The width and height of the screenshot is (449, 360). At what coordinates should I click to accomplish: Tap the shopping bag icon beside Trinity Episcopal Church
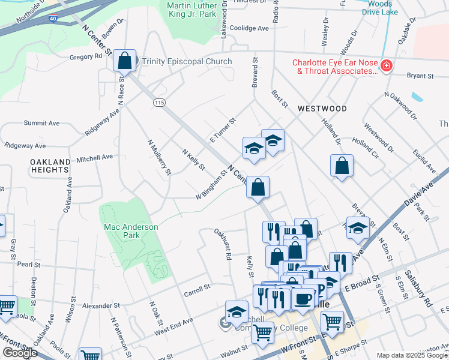click(x=124, y=60)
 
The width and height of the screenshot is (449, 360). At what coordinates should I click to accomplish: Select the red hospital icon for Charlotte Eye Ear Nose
click(x=386, y=66)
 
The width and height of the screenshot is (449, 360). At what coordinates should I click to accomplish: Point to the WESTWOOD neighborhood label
click(x=322, y=109)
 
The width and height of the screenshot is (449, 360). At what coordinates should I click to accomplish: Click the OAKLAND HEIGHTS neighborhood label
click(x=50, y=166)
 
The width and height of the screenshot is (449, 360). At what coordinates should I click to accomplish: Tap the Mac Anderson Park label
click(x=131, y=231)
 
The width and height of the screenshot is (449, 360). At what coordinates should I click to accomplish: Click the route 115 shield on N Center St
click(x=158, y=103)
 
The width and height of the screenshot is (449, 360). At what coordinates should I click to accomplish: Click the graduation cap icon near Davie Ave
click(x=358, y=228)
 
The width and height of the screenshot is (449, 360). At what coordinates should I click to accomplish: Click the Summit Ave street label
click(x=41, y=123)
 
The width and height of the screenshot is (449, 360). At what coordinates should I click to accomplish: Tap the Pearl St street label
click(x=28, y=264)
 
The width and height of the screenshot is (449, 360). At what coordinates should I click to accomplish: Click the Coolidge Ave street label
click(x=249, y=28)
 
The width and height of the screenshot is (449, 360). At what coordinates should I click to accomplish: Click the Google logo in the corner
click(x=20, y=353)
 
